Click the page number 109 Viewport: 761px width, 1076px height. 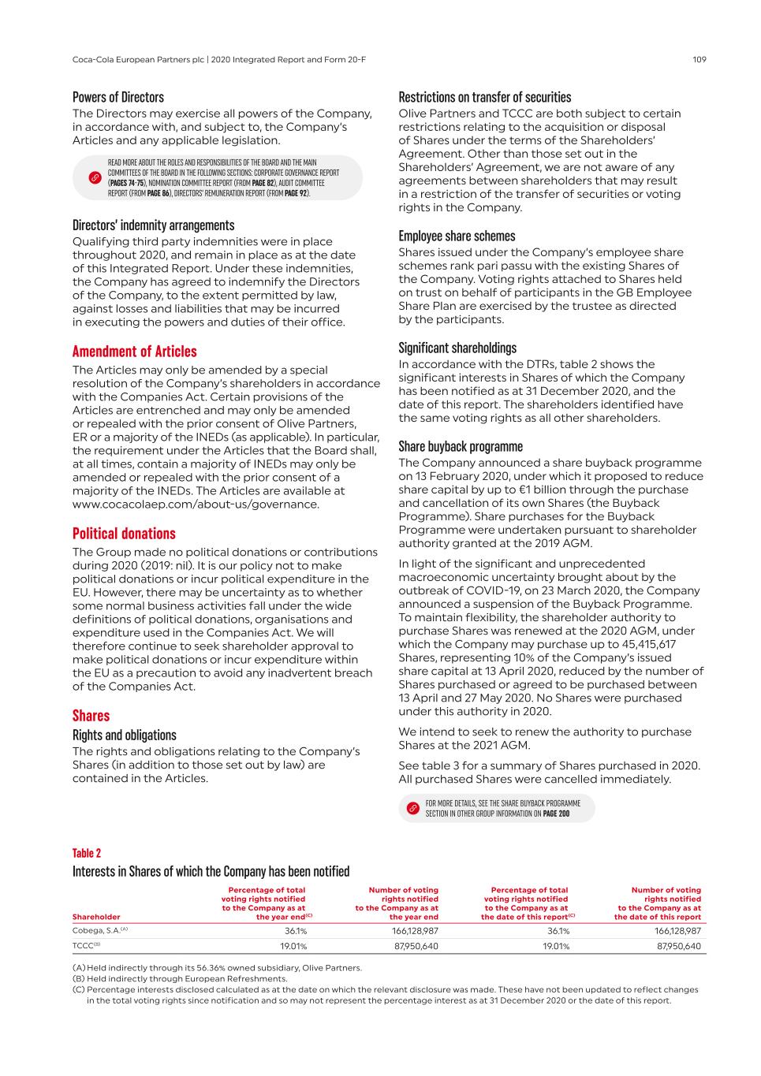tap(699, 59)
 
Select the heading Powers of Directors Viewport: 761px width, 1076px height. tap(118, 98)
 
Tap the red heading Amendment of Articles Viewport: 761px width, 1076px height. tap(135, 352)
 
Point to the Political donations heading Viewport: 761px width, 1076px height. tap(124, 534)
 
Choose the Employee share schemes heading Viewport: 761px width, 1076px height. tap(457, 236)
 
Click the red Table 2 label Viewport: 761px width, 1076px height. tap(87, 853)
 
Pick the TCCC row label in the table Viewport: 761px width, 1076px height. tap(86, 946)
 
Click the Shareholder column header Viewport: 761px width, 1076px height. tap(96, 917)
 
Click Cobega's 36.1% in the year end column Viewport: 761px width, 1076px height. tap(294, 931)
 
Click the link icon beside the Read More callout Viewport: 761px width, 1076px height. tap(94, 178)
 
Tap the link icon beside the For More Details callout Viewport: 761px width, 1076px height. tap(412, 809)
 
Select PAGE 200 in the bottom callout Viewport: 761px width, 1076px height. tap(556, 814)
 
